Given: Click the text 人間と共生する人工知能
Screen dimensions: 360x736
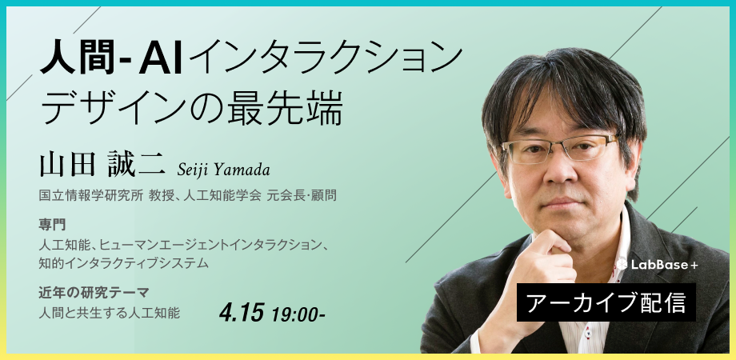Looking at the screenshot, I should tap(109, 313).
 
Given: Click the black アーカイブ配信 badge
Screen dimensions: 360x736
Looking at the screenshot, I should tap(606, 302).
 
